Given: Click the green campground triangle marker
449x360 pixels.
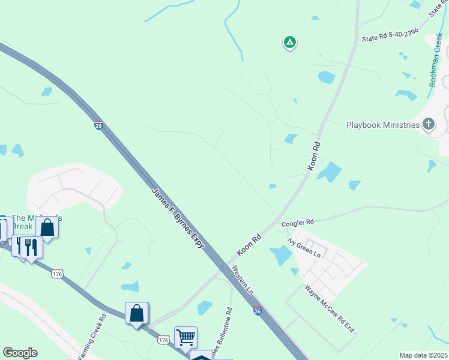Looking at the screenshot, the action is pyautogui.click(x=290, y=42).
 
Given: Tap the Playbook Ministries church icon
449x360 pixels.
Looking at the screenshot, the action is pyautogui.click(x=428, y=124).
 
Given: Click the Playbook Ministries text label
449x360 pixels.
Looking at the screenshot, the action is pyautogui.click(x=382, y=125).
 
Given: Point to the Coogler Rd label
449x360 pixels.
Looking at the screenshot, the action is pyautogui.click(x=298, y=223).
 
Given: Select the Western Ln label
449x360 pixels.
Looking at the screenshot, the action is pyautogui.click(x=243, y=280).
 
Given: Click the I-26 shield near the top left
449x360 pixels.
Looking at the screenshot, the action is pyautogui.click(x=98, y=125).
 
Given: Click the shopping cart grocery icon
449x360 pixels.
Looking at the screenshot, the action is pyautogui.click(x=185, y=337).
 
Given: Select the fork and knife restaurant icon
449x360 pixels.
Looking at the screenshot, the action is pyautogui.click(x=31, y=247).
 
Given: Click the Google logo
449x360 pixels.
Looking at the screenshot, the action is pyautogui.click(x=20, y=353).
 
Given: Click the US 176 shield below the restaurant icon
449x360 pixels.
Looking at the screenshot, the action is pyautogui.click(x=57, y=274).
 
